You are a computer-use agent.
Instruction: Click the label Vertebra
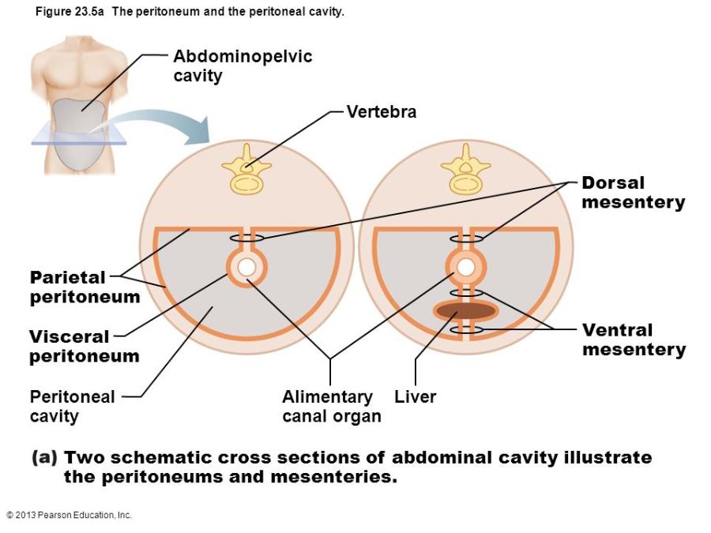tap(382, 112)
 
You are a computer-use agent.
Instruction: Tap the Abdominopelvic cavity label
tap(243, 66)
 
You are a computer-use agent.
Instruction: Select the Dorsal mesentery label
tap(633, 192)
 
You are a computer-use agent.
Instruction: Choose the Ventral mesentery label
tap(634, 340)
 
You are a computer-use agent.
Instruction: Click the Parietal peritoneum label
tap(85, 287)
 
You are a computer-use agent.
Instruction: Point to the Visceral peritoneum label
tap(84, 346)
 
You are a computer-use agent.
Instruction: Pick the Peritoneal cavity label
tap(72, 406)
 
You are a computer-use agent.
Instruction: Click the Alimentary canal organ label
tap(331, 406)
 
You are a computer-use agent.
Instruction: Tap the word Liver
tap(415, 397)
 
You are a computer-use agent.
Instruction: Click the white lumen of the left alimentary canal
tap(246, 268)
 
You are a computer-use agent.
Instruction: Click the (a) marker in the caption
tap(44, 458)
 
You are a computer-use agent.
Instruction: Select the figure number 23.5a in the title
tap(85, 13)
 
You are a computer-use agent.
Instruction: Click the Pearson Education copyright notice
tap(69, 515)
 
